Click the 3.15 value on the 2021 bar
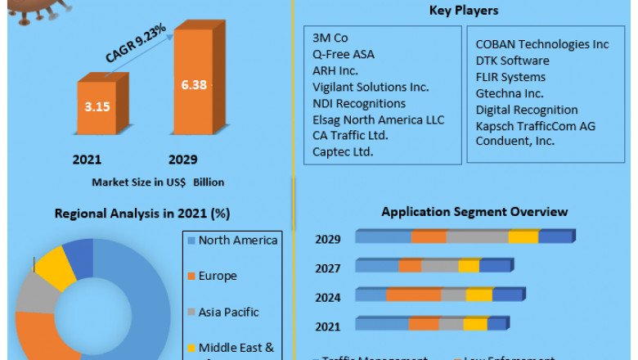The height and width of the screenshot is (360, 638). tap(97, 105)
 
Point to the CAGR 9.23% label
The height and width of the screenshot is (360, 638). tap(135, 43)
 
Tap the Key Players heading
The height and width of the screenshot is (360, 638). tap(464, 11)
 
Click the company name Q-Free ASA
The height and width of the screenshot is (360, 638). tap(345, 54)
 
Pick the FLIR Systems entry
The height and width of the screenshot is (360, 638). tap(510, 77)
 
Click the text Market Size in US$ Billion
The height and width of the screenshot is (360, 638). tap(158, 182)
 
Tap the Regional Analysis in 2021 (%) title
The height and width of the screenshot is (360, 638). tap(142, 214)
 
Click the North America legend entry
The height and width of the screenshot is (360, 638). tap(238, 240)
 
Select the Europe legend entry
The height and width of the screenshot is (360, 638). tap(217, 276)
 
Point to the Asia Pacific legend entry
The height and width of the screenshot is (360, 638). tap(228, 312)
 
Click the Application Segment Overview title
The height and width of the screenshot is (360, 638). tap(474, 212)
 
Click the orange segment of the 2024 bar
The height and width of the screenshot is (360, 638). tap(413, 295)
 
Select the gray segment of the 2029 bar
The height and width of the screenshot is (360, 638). tap(477, 237)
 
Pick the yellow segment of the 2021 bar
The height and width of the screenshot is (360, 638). tap(475, 325)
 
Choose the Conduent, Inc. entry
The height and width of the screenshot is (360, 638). tap(515, 141)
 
